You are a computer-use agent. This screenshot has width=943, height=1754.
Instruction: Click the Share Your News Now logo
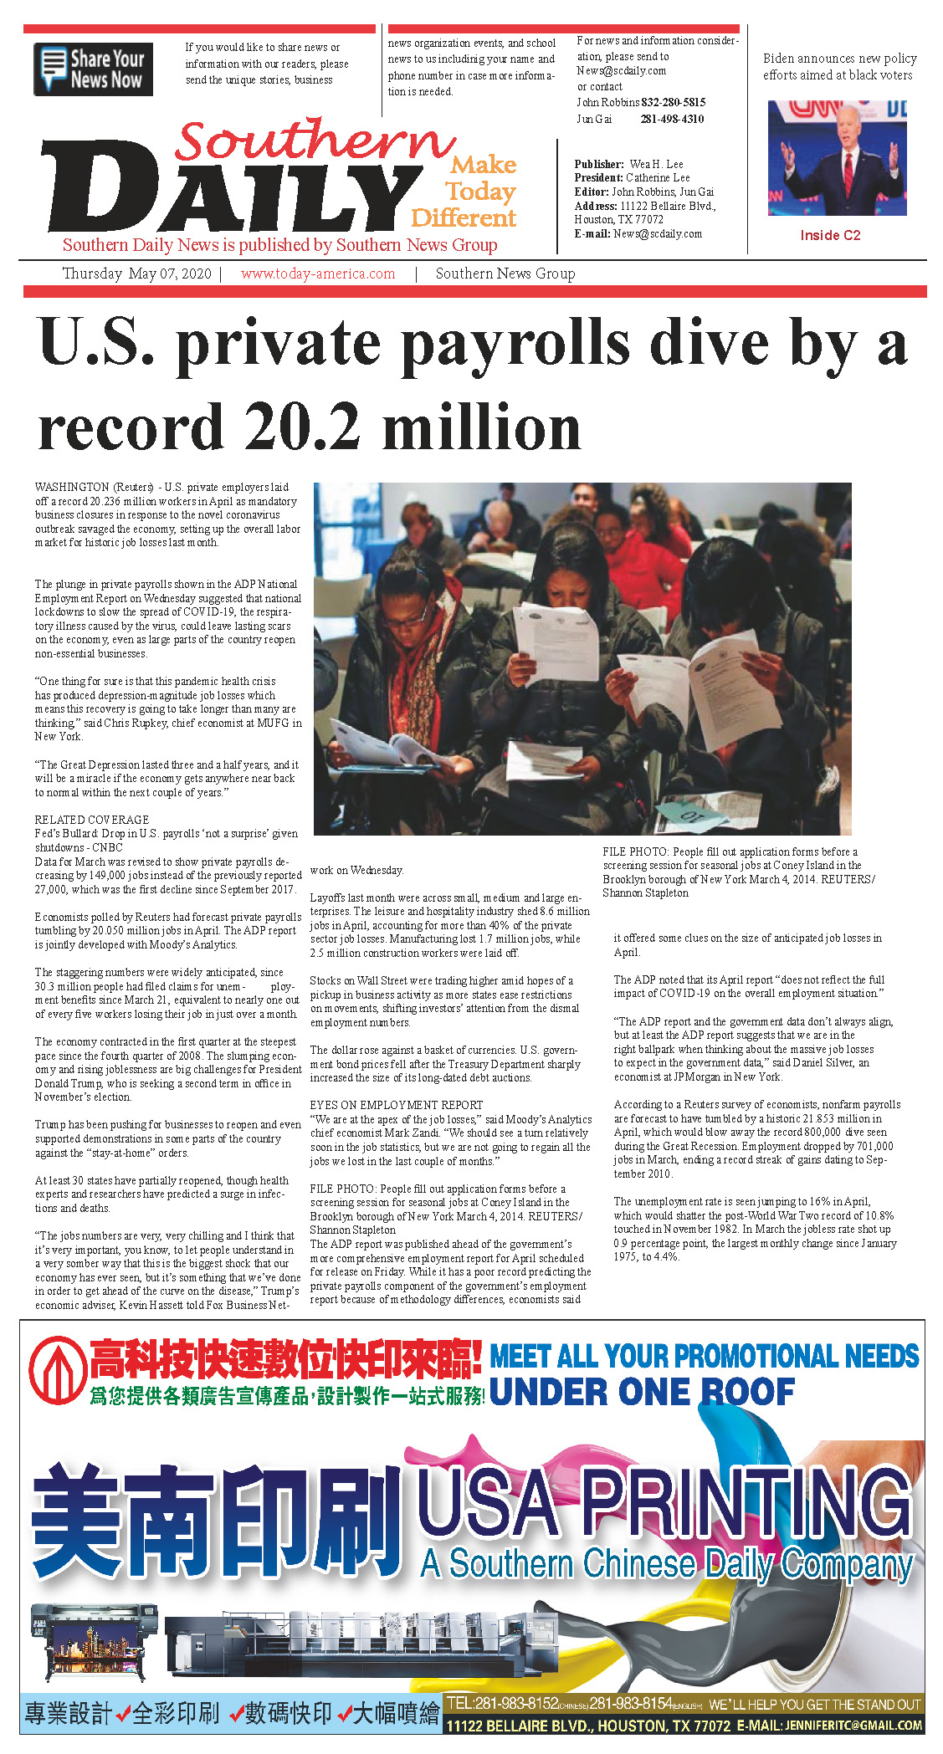click(x=93, y=69)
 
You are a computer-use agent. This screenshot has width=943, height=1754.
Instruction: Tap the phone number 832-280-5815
click(x=674, y=102)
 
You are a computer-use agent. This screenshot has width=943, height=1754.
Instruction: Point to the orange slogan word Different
click(x=464, y=218)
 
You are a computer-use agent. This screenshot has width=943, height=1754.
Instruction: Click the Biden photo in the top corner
click(x=837, y=158)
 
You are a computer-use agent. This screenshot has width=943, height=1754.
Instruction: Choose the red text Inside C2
click(x=830, y=235)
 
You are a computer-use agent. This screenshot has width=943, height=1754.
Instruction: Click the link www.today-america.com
click(x=317, y=274)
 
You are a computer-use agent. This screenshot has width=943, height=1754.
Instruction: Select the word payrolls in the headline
click(x=402, y=344)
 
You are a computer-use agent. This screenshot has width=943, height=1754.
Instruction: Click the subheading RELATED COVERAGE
click(x=92, y=820)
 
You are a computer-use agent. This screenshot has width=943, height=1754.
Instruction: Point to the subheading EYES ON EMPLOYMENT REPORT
click(x=396, y=1105)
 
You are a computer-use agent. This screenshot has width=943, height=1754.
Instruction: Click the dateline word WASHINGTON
click(x=72, y=487)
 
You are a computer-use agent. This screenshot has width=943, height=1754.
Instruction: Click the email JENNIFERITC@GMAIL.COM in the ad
click(x=853, y=1726)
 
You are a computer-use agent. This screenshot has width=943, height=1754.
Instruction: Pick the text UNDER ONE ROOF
click(x=642, y=1392)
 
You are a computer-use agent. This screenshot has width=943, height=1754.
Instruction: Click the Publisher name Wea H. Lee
click(x=656, y=164)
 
